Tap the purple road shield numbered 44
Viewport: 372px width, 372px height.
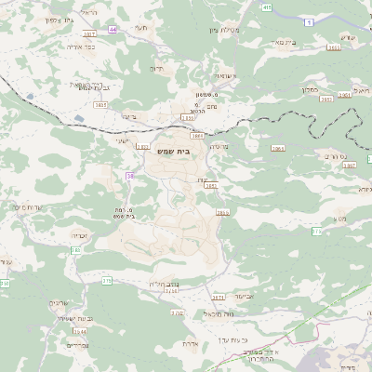click(113, 30)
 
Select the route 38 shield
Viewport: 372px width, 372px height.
click(130, 175)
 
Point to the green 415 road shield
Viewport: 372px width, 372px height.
click(268, 7)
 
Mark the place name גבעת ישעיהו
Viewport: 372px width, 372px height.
click(72, 319)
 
